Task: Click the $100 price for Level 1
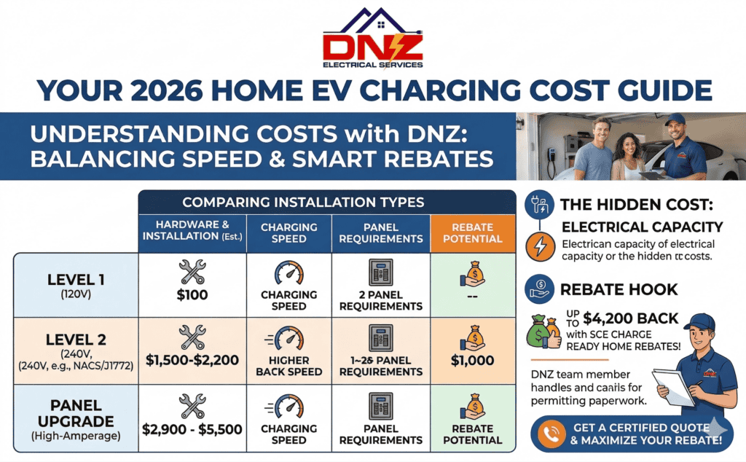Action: coord(192,295)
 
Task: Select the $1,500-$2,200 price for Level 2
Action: coord(192,360)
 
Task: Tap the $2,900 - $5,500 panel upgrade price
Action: coord(192,429)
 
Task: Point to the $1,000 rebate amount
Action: coord(472,360)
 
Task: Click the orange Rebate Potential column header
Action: coord(472,232)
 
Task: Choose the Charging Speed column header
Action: coord(289,232)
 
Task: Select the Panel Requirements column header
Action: coord(380,232)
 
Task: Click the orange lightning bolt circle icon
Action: coord(539,246)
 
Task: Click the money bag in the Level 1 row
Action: coord(472,277)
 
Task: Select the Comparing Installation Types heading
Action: coord(326,202)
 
